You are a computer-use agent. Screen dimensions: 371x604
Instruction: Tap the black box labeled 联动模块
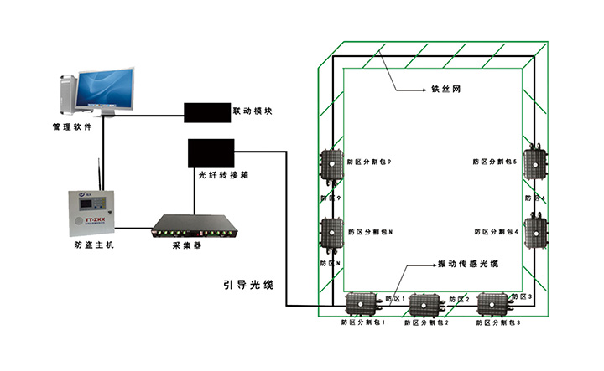pos(206,111)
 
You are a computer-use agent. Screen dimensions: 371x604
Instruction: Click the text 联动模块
pos(254,111)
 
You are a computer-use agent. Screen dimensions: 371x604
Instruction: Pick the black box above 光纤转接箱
pos(210,152)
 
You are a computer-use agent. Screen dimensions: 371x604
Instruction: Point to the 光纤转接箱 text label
pos(222,176)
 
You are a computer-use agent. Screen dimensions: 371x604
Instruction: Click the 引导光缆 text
pos(247,284)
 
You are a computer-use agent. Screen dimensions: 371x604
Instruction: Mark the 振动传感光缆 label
pos(468,264)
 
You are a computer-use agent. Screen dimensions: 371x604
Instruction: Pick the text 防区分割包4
pos(497,232)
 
